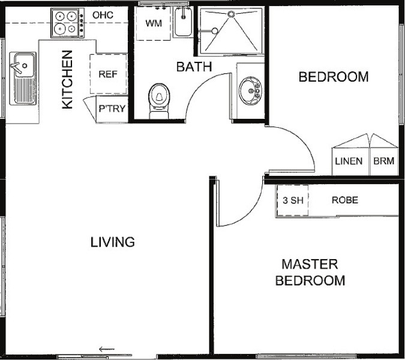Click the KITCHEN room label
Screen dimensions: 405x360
(x=67, y=80)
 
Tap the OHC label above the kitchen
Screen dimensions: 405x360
(x=103, y=15)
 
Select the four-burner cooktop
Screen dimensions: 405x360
(x=68, y=23)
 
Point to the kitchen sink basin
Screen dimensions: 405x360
(x=24, y=65)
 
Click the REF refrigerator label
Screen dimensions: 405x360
(x=108, y=74)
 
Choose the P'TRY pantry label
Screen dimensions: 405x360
(x=112, y=109)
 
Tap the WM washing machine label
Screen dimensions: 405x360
(x=154, y=23)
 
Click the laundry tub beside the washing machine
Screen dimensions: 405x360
(x=183, y=22)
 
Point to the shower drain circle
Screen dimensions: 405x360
(x=231, y=14)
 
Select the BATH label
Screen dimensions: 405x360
(x=194, y=67)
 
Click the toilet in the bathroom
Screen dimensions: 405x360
(x=159, y=101)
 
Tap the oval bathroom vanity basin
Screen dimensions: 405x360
(x=250, y=91)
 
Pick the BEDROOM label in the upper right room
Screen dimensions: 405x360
(x=334, y=77)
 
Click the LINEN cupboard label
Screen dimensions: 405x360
(x=349, y=161)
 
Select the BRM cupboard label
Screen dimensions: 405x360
(x=384, y=161)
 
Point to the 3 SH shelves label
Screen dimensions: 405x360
(x=293, y=200)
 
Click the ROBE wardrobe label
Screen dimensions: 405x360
(x=345, y=200)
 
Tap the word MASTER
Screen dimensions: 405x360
(x=310, y=264)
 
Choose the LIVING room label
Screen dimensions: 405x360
(x=113, y=242)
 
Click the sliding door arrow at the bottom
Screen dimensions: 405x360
(x=107, y=349)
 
